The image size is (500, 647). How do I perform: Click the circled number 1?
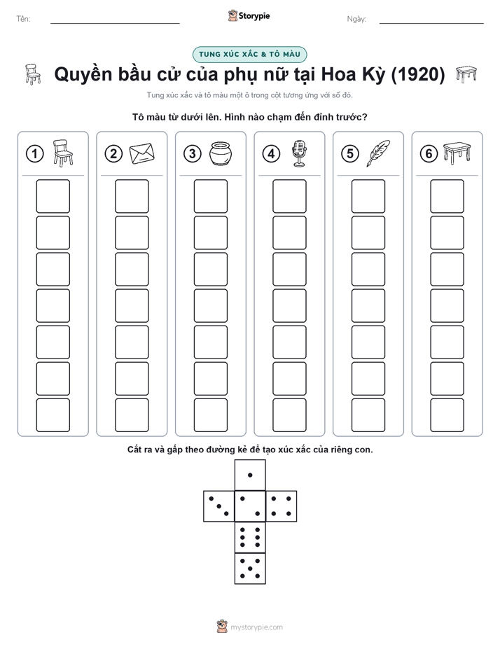(x=34, y=154)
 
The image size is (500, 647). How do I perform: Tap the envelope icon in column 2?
(x=142, y=153)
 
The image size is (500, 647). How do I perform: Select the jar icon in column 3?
(x=221, y=153)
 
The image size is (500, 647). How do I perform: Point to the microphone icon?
(x=300, y=153)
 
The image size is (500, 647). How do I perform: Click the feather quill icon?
(x=378, y=153)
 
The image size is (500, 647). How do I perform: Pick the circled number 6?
(x=429, y=154)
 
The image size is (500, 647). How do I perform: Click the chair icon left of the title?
(x=33, y=74)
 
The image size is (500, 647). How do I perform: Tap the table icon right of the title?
(x=466, y=74)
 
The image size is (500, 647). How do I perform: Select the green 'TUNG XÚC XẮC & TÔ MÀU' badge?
(x=249, y=55)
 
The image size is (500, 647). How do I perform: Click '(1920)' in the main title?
(x=417, y=74)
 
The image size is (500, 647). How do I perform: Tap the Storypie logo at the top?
(x=249, y=16)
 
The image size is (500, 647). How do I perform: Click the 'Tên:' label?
(x=23, y=19)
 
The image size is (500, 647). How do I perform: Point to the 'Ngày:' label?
(x=356, y=19)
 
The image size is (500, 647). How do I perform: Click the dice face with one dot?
(x=250, y=475)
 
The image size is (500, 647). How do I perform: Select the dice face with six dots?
(x=250, y=537)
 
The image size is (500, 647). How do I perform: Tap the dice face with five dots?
(x=250, y=569)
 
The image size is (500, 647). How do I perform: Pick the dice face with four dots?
(x=282, y=506)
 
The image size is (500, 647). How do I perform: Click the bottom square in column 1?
(x=53, y=415)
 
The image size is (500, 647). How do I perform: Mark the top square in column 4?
(x=289, y=196)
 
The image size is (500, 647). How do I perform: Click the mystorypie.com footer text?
(x=256, y=627)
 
